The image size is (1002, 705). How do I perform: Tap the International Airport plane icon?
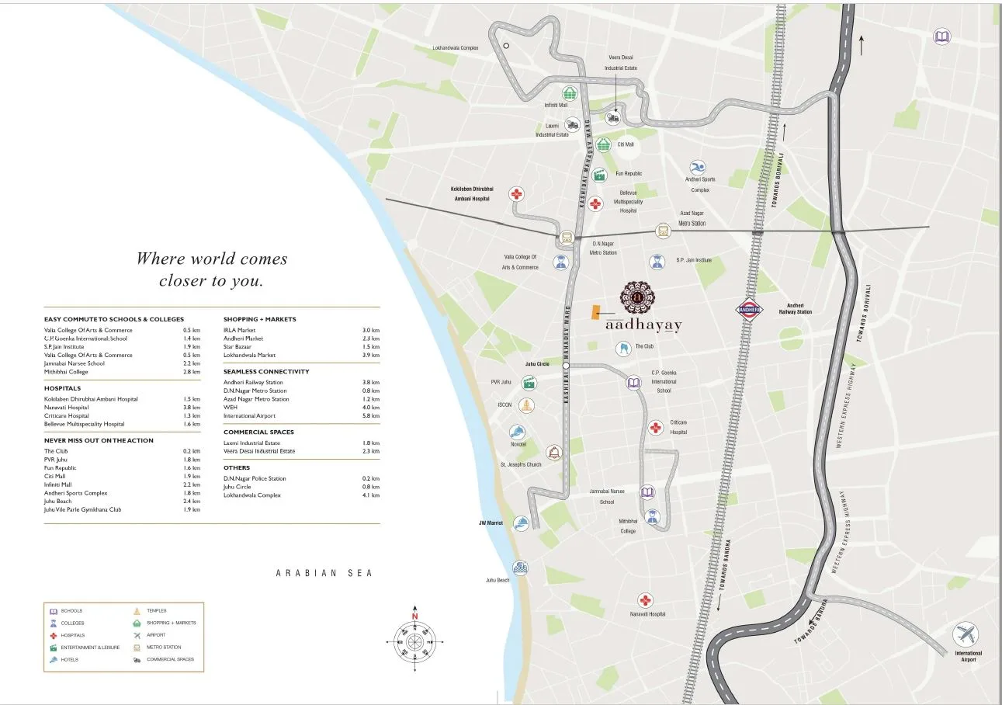[x=966, y=634]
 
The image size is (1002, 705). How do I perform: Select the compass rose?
[x=415, y=641]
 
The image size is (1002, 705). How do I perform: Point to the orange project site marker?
[x=595, y=311]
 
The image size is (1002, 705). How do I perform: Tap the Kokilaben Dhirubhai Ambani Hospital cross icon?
[x=516, y=194]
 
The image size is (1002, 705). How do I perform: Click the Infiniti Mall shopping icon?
[x=571, y=93]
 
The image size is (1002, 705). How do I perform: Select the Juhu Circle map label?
[x=537, y=364]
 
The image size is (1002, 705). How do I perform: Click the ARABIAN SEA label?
[x=324, y=573]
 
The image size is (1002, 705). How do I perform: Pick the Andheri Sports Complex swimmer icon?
[x=698, y=168]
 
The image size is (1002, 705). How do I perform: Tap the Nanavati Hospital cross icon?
[x=645, y=600]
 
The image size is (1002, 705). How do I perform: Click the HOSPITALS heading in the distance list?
[x=63, y=388]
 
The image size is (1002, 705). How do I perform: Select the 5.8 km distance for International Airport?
[x=373, y=416]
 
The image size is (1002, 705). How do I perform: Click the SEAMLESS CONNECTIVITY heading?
[x=266, y=371]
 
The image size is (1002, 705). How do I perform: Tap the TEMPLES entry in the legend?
[x=156, y=611]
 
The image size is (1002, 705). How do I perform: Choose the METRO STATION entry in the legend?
[x=164, y=648]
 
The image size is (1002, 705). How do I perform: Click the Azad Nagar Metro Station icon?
[x=663, y=230]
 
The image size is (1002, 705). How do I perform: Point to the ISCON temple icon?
[x=527, y=405]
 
